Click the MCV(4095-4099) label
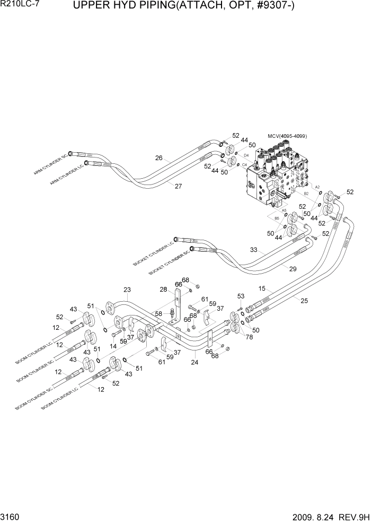(287, 136)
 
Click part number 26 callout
(158, 157)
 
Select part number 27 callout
(178, 186)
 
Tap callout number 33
(254, 250)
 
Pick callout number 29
(293, 269)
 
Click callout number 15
(262, 288)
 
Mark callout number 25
(304, 301)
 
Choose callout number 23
(127, 290)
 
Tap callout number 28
(164, 289)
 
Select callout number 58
(158, 314)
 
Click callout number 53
(241, 296)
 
